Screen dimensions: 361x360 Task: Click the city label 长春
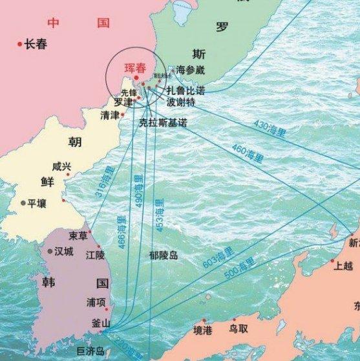tap(36, 45)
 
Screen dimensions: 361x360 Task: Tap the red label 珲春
tap(136, 67)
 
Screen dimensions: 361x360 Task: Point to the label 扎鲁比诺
tap(185, 90)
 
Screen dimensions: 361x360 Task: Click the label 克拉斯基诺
tap(163, 122)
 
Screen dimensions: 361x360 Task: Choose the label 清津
tap(110, 115)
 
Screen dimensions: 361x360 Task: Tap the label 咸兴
tap(62, 167)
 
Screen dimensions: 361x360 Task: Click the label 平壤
tap(37, 203)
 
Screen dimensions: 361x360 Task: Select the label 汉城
tap(63, 251)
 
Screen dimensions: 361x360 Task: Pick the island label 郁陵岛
tap(163, 256)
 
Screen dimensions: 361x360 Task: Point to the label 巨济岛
tap(90, 351)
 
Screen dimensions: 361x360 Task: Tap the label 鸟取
tap(238, 329)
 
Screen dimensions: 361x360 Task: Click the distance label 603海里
tap(218, 256)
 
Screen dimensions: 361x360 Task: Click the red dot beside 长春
tap(19, 44)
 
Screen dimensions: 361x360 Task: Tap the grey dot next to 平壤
tap(23, 203)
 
